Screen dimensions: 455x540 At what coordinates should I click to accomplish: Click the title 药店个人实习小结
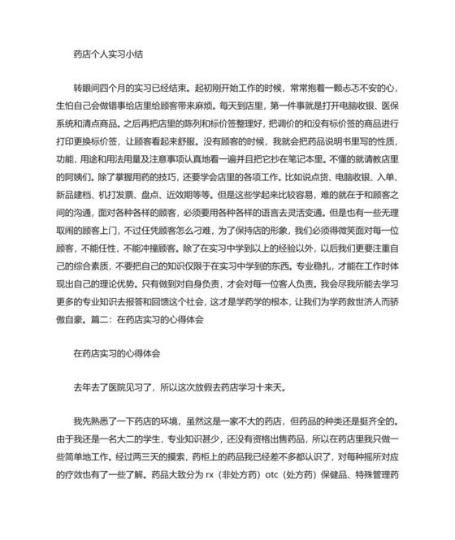(108, 54)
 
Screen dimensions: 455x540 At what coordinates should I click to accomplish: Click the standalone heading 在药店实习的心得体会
(117, 353)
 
